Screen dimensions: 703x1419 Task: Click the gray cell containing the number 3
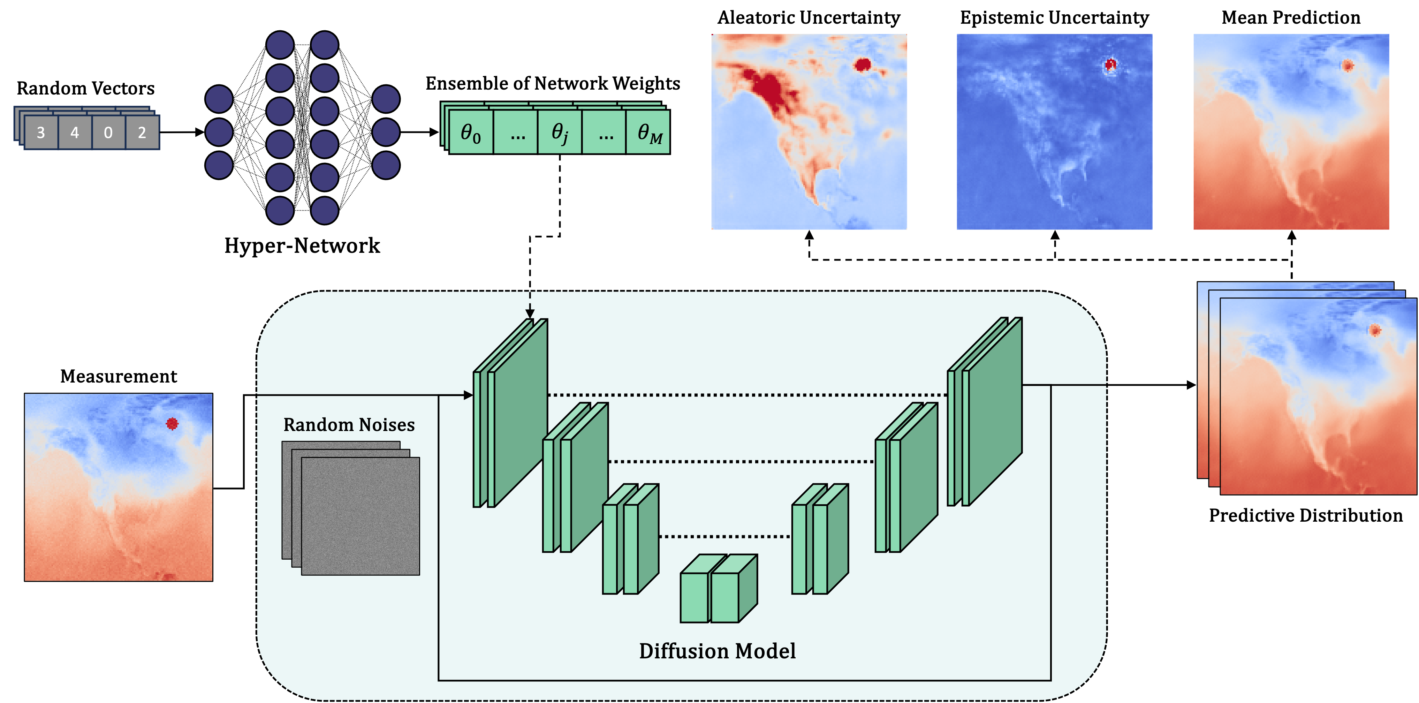[x=41, y=132]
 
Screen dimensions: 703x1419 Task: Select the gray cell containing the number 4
[x=74, y=132]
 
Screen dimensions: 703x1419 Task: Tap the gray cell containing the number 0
[x=108, y=132]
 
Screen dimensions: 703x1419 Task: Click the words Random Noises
[x=349, y=425]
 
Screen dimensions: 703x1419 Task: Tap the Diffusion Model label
[x=717, y=651]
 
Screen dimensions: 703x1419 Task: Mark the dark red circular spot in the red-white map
[x=862, y=65]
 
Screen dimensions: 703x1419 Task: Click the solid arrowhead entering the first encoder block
[x=468, y=395]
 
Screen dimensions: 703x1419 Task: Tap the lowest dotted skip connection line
[x=725, y=536]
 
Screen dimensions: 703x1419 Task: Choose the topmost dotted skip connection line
[x=746, y=395]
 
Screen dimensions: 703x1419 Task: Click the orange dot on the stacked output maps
[x=1375, y=330]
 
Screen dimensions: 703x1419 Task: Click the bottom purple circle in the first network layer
[x=219, y=165]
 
